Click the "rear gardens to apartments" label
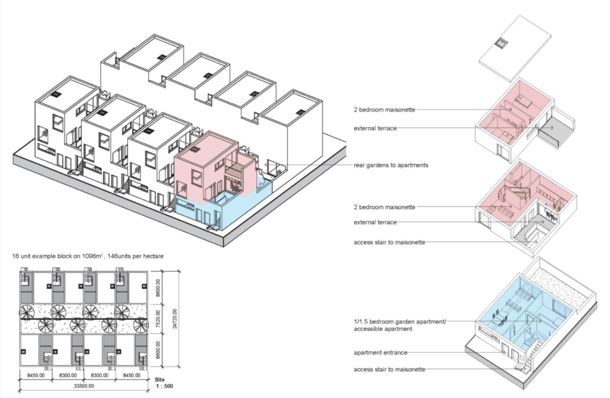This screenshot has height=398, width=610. [x=390, y=165]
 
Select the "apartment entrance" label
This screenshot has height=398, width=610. [x=381, y=352]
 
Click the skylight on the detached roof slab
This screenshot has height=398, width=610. [x=502, y=43]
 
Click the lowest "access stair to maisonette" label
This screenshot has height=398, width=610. [x=390, y=369]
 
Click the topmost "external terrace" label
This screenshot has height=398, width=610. [x=374, y=128]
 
